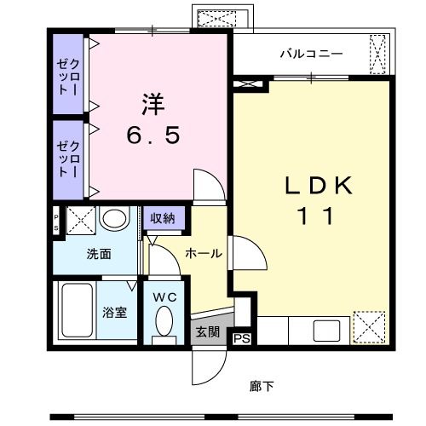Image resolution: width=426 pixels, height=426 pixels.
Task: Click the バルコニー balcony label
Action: point(311,54)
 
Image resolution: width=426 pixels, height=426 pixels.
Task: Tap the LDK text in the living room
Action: point(319,186)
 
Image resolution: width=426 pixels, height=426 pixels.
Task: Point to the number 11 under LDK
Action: point(316,216)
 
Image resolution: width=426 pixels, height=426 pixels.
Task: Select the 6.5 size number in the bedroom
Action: point(153,135)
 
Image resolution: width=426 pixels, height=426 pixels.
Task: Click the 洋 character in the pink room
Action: point(153,104)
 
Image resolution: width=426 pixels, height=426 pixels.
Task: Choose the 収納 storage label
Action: point(163,218)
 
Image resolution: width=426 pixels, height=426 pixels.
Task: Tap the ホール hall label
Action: point(204,253)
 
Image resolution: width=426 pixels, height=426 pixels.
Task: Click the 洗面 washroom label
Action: point(99,254)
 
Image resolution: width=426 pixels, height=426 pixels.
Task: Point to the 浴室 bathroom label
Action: point(114,313)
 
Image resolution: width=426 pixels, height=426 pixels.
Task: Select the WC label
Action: point(165,297)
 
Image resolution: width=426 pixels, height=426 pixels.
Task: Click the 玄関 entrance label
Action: point(208,331)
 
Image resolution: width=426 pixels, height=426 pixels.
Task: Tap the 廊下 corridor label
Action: point(262,386)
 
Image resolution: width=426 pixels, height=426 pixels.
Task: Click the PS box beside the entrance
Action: point(242,338)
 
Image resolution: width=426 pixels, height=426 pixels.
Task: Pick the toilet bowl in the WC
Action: point(164,320)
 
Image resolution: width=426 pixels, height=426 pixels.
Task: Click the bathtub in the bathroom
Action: point(78,310)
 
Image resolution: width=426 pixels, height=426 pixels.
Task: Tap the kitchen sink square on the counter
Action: point(326,331)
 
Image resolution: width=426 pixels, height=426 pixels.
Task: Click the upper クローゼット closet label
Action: point(68,77)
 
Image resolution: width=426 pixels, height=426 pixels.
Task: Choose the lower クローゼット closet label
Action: point(68,159)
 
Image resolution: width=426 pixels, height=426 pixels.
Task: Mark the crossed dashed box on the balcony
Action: point(377,55)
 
